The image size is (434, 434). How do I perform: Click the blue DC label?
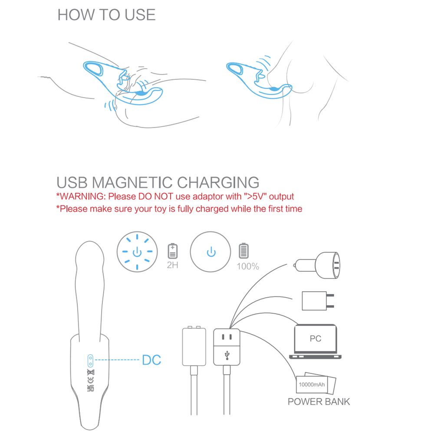(151, 360)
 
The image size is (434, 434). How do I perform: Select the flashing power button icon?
(137, 252)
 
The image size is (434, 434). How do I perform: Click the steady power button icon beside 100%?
(210, 252)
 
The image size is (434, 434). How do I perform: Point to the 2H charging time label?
(172, 265)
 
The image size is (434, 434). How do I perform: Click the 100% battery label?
(248, 266)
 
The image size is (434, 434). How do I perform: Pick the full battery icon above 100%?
(243, 250)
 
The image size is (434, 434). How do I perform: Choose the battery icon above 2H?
(172, 251)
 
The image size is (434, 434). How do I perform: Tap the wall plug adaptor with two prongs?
(318, 301)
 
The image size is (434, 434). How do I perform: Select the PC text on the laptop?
(316, 339)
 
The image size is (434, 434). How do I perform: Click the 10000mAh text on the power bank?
(312, 385)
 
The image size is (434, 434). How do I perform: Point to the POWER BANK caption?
(319, 401)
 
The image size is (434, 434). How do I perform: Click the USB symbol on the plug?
(227, 355)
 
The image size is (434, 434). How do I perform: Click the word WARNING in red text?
(82, 197)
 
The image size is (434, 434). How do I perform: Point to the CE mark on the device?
(91, 380)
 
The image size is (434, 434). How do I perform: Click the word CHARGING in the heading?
(218, 183)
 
